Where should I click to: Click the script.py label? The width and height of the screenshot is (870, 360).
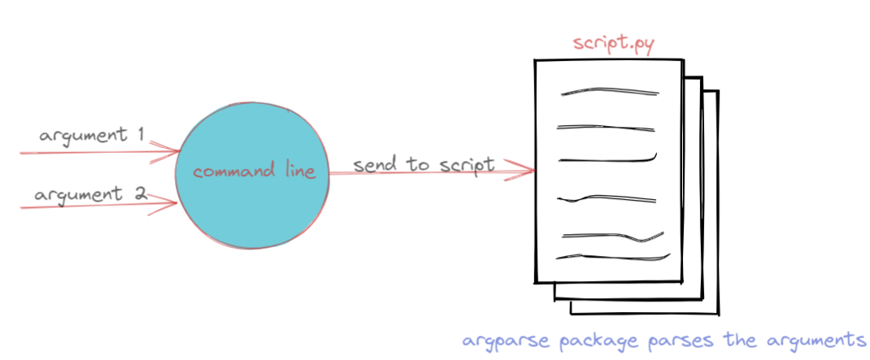(x=614, y=45)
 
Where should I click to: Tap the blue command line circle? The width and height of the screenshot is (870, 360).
(x=252, y=176)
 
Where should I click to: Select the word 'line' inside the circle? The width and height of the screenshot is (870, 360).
(x=299, y=171)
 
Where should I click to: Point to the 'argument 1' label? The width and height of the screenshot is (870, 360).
(x=92, y=136)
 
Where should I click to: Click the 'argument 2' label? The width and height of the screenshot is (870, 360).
(x=90, y=195)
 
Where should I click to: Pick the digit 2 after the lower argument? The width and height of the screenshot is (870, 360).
(x=141, y=193)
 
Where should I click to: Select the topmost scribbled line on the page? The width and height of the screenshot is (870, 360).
(x=610, y=90)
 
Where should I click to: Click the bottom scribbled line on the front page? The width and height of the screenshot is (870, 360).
(x=613, y=257)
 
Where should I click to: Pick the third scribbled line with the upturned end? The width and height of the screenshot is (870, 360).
(x=607, y=160)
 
